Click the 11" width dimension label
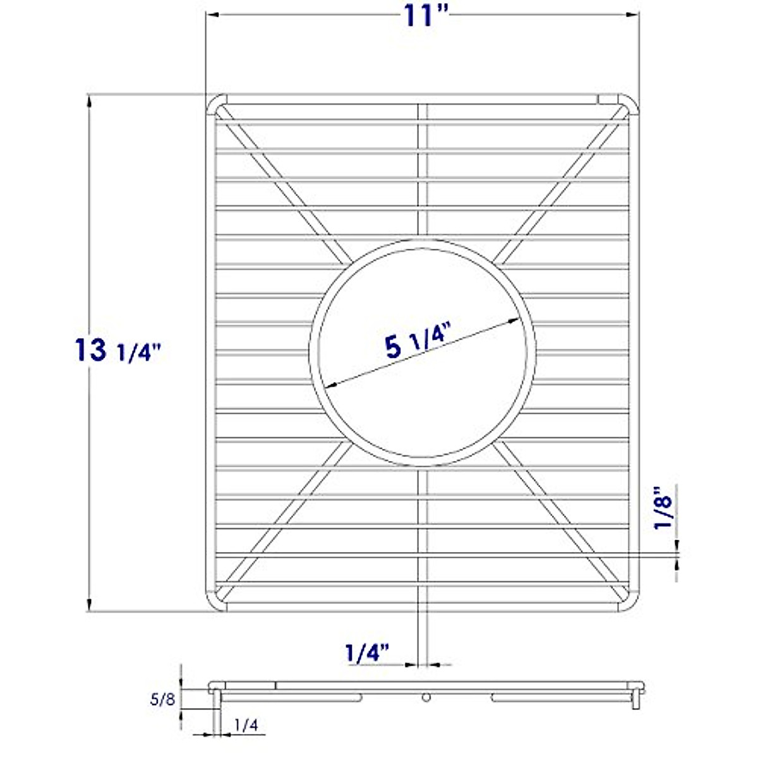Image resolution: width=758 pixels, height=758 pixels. click(x=422, y=15)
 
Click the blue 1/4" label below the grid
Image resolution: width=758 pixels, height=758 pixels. click(x=366, y=652)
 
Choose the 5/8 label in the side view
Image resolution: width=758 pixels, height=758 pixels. click(x=162, y=699)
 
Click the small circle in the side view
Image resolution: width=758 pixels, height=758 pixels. click(x=426, y=697)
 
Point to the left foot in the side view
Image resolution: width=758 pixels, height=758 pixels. click(x=216, y=707)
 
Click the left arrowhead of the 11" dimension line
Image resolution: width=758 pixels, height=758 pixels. click(x=211, y=16)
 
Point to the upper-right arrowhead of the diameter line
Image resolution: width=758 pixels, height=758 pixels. click(x=515, y=320)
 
